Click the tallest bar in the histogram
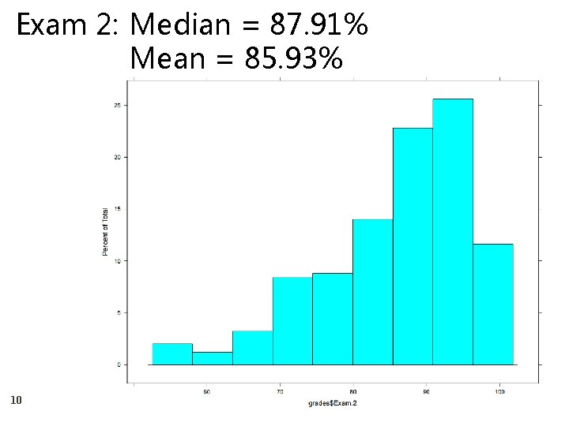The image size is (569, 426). [x=452, y=232]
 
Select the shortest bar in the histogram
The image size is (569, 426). [x=212, y=358]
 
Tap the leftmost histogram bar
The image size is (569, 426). [x=171, y=354]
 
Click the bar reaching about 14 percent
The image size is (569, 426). [x=372, y=292]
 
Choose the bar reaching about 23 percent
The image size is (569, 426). [x=413, y=246]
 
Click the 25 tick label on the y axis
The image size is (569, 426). [x=116, y=106]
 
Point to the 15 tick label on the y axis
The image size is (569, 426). [x=116, y=209]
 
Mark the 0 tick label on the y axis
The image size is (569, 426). [x=118, y=364]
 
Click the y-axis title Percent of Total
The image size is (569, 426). [x=105, y=230]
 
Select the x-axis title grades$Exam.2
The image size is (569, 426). [x=333, y=403]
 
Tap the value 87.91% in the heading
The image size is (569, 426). [x=318, y=25]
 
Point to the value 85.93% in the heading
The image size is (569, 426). [x=294, y=58]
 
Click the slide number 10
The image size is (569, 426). [x=16, y=401]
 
